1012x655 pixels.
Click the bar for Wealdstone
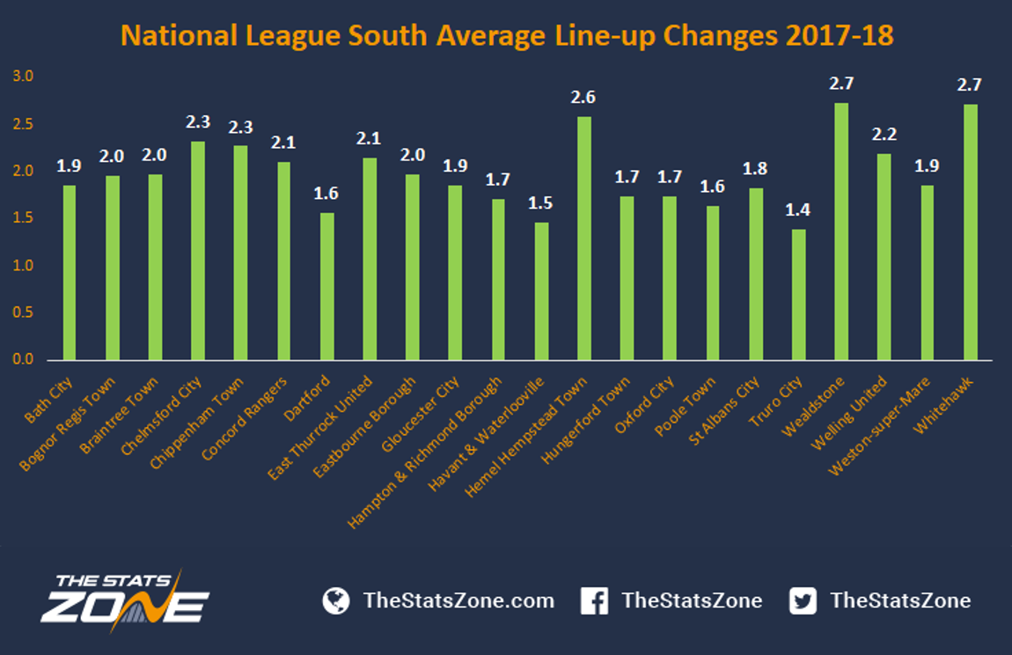click(841, 232)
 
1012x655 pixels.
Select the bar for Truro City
click(798, 295)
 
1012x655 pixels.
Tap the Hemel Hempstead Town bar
click(583, 239)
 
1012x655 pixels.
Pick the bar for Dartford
click(327, 286)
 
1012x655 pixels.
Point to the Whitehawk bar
click(970, 232)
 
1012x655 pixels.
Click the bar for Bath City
click(69, 273)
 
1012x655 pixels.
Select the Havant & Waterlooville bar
click(541, 291)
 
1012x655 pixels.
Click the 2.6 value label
click(583, 98)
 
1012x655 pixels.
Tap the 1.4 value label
click(798, 210)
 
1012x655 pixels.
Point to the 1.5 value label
click(540, 203)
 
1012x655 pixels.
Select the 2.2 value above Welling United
click(884, 135)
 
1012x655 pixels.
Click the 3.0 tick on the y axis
click(23, 77)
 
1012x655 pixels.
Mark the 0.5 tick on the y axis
click(23, 313)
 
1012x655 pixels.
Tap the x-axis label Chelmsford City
click(162, 416)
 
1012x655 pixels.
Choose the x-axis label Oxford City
click(644, 404)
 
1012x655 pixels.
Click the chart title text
click(507, 35)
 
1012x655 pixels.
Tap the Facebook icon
click(594, 600)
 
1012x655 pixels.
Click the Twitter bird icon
click(803, 600)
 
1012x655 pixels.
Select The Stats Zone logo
click(125, 600)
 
